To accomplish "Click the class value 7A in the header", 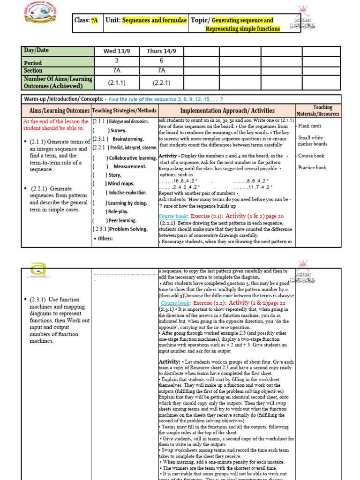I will (x=95, y=21).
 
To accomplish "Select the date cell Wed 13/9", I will (x=116, y=51).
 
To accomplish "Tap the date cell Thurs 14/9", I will (x=161, y=51).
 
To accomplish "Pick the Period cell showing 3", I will (x=116, y=61).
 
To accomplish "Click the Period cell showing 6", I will (x=161, y=61).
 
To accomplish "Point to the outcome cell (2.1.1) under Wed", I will (x=116, y=82).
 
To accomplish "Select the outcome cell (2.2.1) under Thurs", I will (x=161, y=82).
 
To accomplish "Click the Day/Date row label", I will (x=36, y=51).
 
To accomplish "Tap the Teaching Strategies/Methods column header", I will (x=124, y=111).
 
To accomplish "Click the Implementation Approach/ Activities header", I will (x=227, y=111).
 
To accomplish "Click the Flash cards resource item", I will (x=310, y=126).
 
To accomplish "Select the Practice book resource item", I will (x=312, y=167).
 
